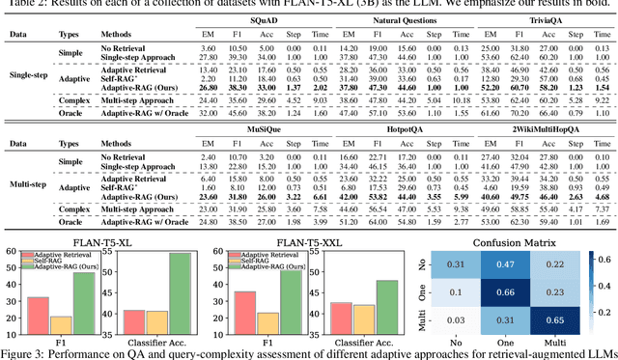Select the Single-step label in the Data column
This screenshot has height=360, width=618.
click(x=30, y=74)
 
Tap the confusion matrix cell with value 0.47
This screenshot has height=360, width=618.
click(x=495, y=263)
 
